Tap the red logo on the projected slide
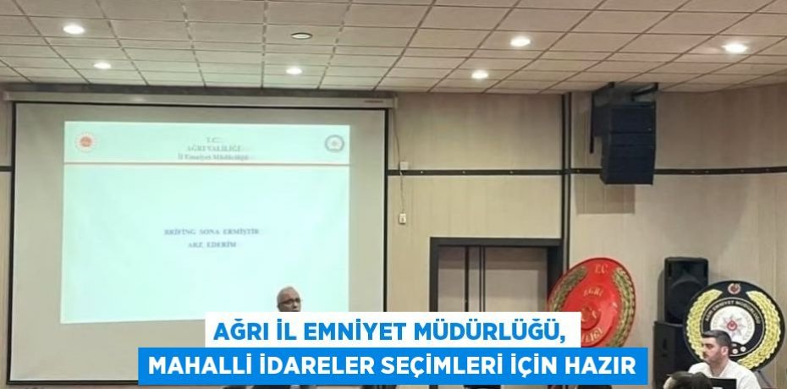[x=86, y=142]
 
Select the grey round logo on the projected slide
[x=334, y=143]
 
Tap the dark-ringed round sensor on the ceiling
[x=301, y=36]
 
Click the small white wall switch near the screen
[x=402, y=219]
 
